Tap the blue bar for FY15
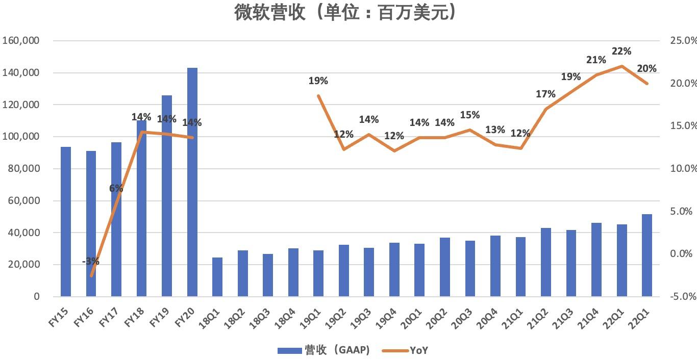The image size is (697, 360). click(66, 221)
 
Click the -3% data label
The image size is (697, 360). click(91, 262)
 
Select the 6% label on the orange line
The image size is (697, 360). click(116, 188)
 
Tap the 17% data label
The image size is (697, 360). click(546, 94)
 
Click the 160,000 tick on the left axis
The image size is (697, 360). click(21, 41)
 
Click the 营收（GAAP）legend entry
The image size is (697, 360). click(323, 350)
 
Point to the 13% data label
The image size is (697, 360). click(495, 130)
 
